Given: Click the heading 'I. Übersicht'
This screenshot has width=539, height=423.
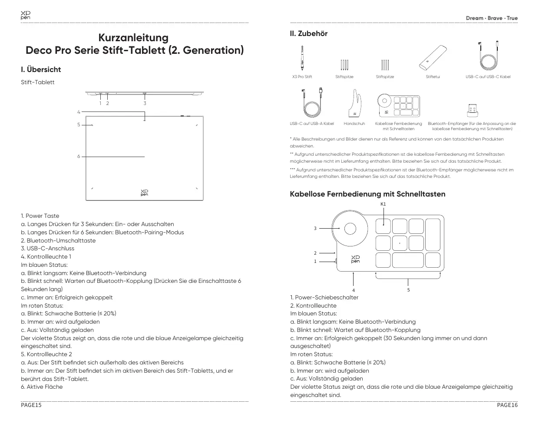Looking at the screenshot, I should click(41, 69).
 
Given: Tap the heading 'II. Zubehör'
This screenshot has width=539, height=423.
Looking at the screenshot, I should click(308, 33).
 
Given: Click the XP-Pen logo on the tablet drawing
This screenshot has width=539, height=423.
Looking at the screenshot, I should click(144, 193).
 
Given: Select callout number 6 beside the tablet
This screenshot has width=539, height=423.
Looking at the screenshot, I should click(79, 157).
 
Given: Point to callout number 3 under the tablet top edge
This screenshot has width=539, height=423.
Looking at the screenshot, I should click(145, 103).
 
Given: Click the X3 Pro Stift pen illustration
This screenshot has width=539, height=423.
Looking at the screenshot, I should click(302, 58).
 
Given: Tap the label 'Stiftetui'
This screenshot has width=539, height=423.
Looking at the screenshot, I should click(433, 77).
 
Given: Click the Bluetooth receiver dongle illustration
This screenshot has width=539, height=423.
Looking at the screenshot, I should click(472, 110).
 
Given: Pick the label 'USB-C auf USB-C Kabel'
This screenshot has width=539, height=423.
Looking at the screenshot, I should click(488, 77).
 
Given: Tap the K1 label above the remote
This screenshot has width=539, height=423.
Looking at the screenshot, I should click(383, 204).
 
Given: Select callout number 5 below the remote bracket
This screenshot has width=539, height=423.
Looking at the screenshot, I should click(408, 290).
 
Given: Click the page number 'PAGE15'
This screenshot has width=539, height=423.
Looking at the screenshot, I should click(31, 405).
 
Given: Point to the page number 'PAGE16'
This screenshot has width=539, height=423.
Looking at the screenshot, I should click(507, 405).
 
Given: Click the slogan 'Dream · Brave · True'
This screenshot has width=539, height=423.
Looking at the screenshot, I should click(492, 18).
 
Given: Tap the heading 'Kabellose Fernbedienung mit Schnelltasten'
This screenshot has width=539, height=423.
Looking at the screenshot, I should click(367, 194).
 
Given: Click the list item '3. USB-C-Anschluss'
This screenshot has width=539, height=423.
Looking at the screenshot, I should click(47, 249).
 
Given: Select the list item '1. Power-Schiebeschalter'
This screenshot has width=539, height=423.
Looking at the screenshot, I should click(324, 298).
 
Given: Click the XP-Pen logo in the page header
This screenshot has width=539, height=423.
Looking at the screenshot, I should click(26, 16).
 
